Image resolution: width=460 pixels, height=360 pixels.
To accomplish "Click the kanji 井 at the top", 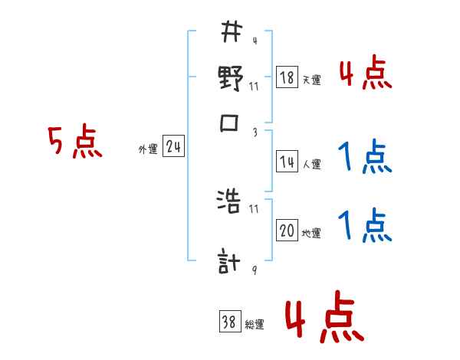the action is (231, 33).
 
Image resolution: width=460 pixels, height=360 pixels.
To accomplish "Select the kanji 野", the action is (231, 79).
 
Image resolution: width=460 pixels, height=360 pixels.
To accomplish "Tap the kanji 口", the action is (231, 124).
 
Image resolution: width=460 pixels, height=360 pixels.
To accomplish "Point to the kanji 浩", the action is (231, 203).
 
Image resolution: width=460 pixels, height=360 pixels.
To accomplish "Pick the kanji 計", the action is (231, 263).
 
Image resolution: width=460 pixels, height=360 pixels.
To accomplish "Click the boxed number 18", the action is (287, 77).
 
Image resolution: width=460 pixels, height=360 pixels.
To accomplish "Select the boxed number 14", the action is (287, 162).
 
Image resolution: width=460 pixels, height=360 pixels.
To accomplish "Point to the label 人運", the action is (311, 164).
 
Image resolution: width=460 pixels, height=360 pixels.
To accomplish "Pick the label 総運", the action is (254, 325).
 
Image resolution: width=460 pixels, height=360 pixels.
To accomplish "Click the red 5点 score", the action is (75, 142).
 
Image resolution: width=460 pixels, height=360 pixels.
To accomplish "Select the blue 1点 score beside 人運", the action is (364, 159).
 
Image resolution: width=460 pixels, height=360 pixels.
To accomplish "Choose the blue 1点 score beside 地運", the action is (364, 226).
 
